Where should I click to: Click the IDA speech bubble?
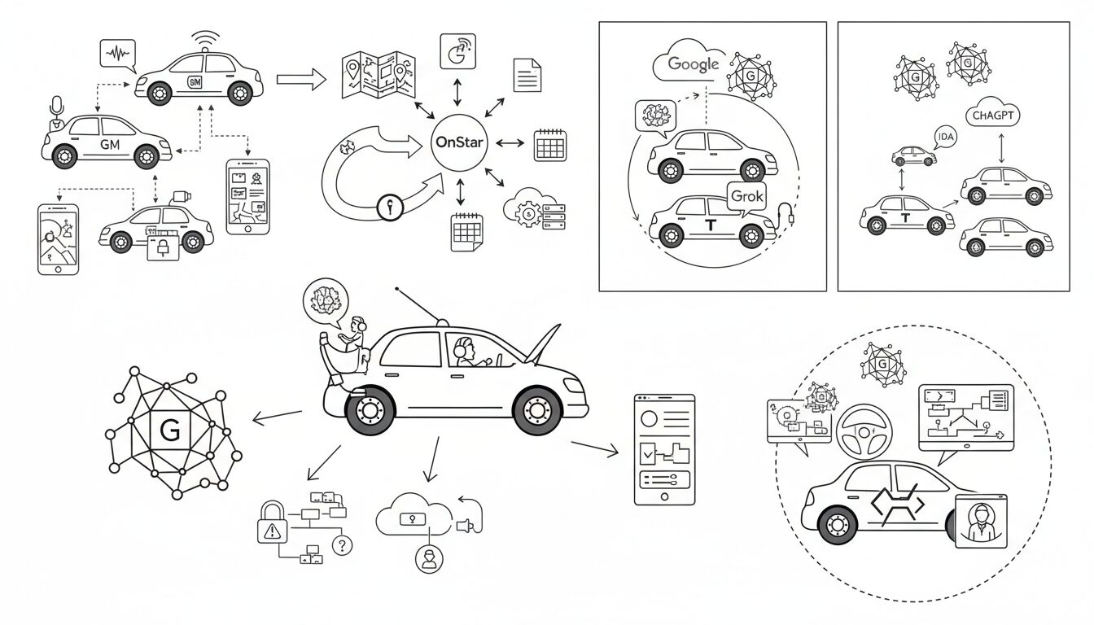pyautogui.click(x=945, y=138)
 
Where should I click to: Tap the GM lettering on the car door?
pyautogui.click(x=109, y=145)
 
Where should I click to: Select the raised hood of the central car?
pyautogui.click(x=545, y=344)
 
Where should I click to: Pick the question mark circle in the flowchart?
pyautogui.click(x=343, y=545)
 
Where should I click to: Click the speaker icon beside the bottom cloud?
pyautogui.click(x=466, y=527)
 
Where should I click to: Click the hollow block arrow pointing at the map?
pyautogui.click(x=300, y=79)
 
